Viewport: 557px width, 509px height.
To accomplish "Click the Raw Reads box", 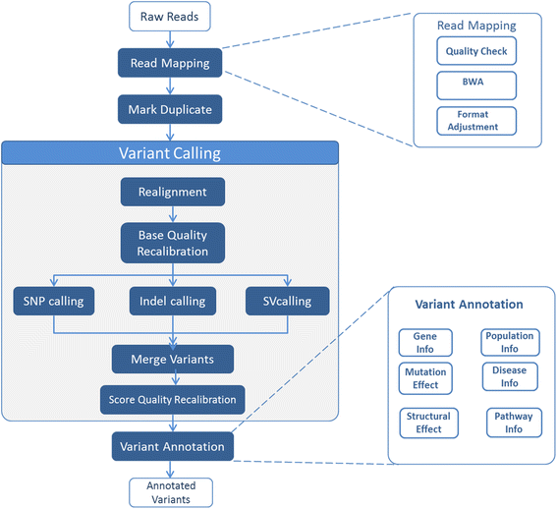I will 171,16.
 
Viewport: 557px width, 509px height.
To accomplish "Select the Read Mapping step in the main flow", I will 171,64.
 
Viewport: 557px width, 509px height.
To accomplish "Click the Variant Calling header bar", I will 170,152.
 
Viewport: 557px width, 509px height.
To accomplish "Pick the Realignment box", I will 171,192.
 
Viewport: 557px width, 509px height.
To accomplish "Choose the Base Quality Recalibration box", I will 171,242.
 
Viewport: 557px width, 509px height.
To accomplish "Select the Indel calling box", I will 171,300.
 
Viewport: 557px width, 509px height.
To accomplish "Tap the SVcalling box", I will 288,300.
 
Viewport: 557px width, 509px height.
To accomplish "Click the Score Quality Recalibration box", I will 171,399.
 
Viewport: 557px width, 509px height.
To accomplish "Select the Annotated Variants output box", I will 171,491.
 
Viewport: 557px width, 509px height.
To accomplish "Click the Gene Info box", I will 424,342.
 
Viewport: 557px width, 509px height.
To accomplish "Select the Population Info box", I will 509,342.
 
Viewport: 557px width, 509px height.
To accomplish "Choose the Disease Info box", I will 509,376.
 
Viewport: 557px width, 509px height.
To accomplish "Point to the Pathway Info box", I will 514,423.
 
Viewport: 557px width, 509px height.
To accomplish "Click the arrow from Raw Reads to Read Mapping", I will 171,39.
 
